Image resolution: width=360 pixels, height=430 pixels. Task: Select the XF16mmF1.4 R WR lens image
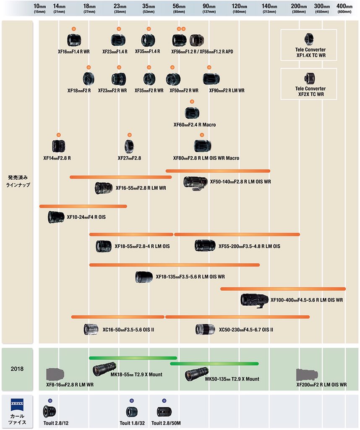[74, 40]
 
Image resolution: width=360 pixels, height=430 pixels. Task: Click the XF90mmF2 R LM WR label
[227, 90]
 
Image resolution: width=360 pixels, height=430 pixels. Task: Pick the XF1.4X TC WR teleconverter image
[309, 39]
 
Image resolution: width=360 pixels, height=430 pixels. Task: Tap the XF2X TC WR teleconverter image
[309, 78]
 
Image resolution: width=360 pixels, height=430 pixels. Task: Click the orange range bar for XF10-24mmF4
[83, 206]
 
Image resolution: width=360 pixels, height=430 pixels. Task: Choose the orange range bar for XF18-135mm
[174, 265]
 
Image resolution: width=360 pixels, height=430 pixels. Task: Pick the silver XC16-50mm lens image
[91, 330]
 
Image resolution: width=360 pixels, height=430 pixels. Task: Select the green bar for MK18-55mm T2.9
[133, 358]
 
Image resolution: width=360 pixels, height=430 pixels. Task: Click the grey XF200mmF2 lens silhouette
[309, 374]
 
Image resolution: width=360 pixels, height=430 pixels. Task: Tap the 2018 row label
[17, 369]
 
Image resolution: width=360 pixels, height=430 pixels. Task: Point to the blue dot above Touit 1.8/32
[132, 401]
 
